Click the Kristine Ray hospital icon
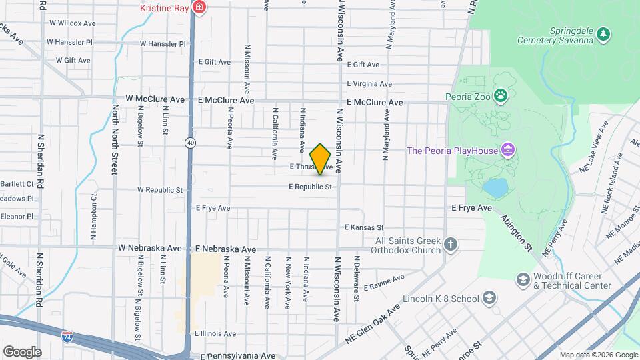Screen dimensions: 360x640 coord(198,8)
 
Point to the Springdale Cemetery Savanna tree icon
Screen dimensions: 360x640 coord(603,33)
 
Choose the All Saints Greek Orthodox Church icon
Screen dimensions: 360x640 coord(451,245)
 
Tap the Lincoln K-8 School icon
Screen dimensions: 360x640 coord(489,297)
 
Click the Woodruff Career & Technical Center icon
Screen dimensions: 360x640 coord(522,279)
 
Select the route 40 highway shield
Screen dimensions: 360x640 coord(191,142)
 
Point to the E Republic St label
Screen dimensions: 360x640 coord(310,187)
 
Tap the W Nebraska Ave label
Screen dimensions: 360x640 coord(150,248)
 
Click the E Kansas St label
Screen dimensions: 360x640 coord(364,227)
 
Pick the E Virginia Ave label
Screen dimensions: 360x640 coord(369,84)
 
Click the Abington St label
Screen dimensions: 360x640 coord(517,231)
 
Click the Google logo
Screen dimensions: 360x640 coord(22,351)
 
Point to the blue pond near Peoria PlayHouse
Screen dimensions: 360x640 coord(495,188)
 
